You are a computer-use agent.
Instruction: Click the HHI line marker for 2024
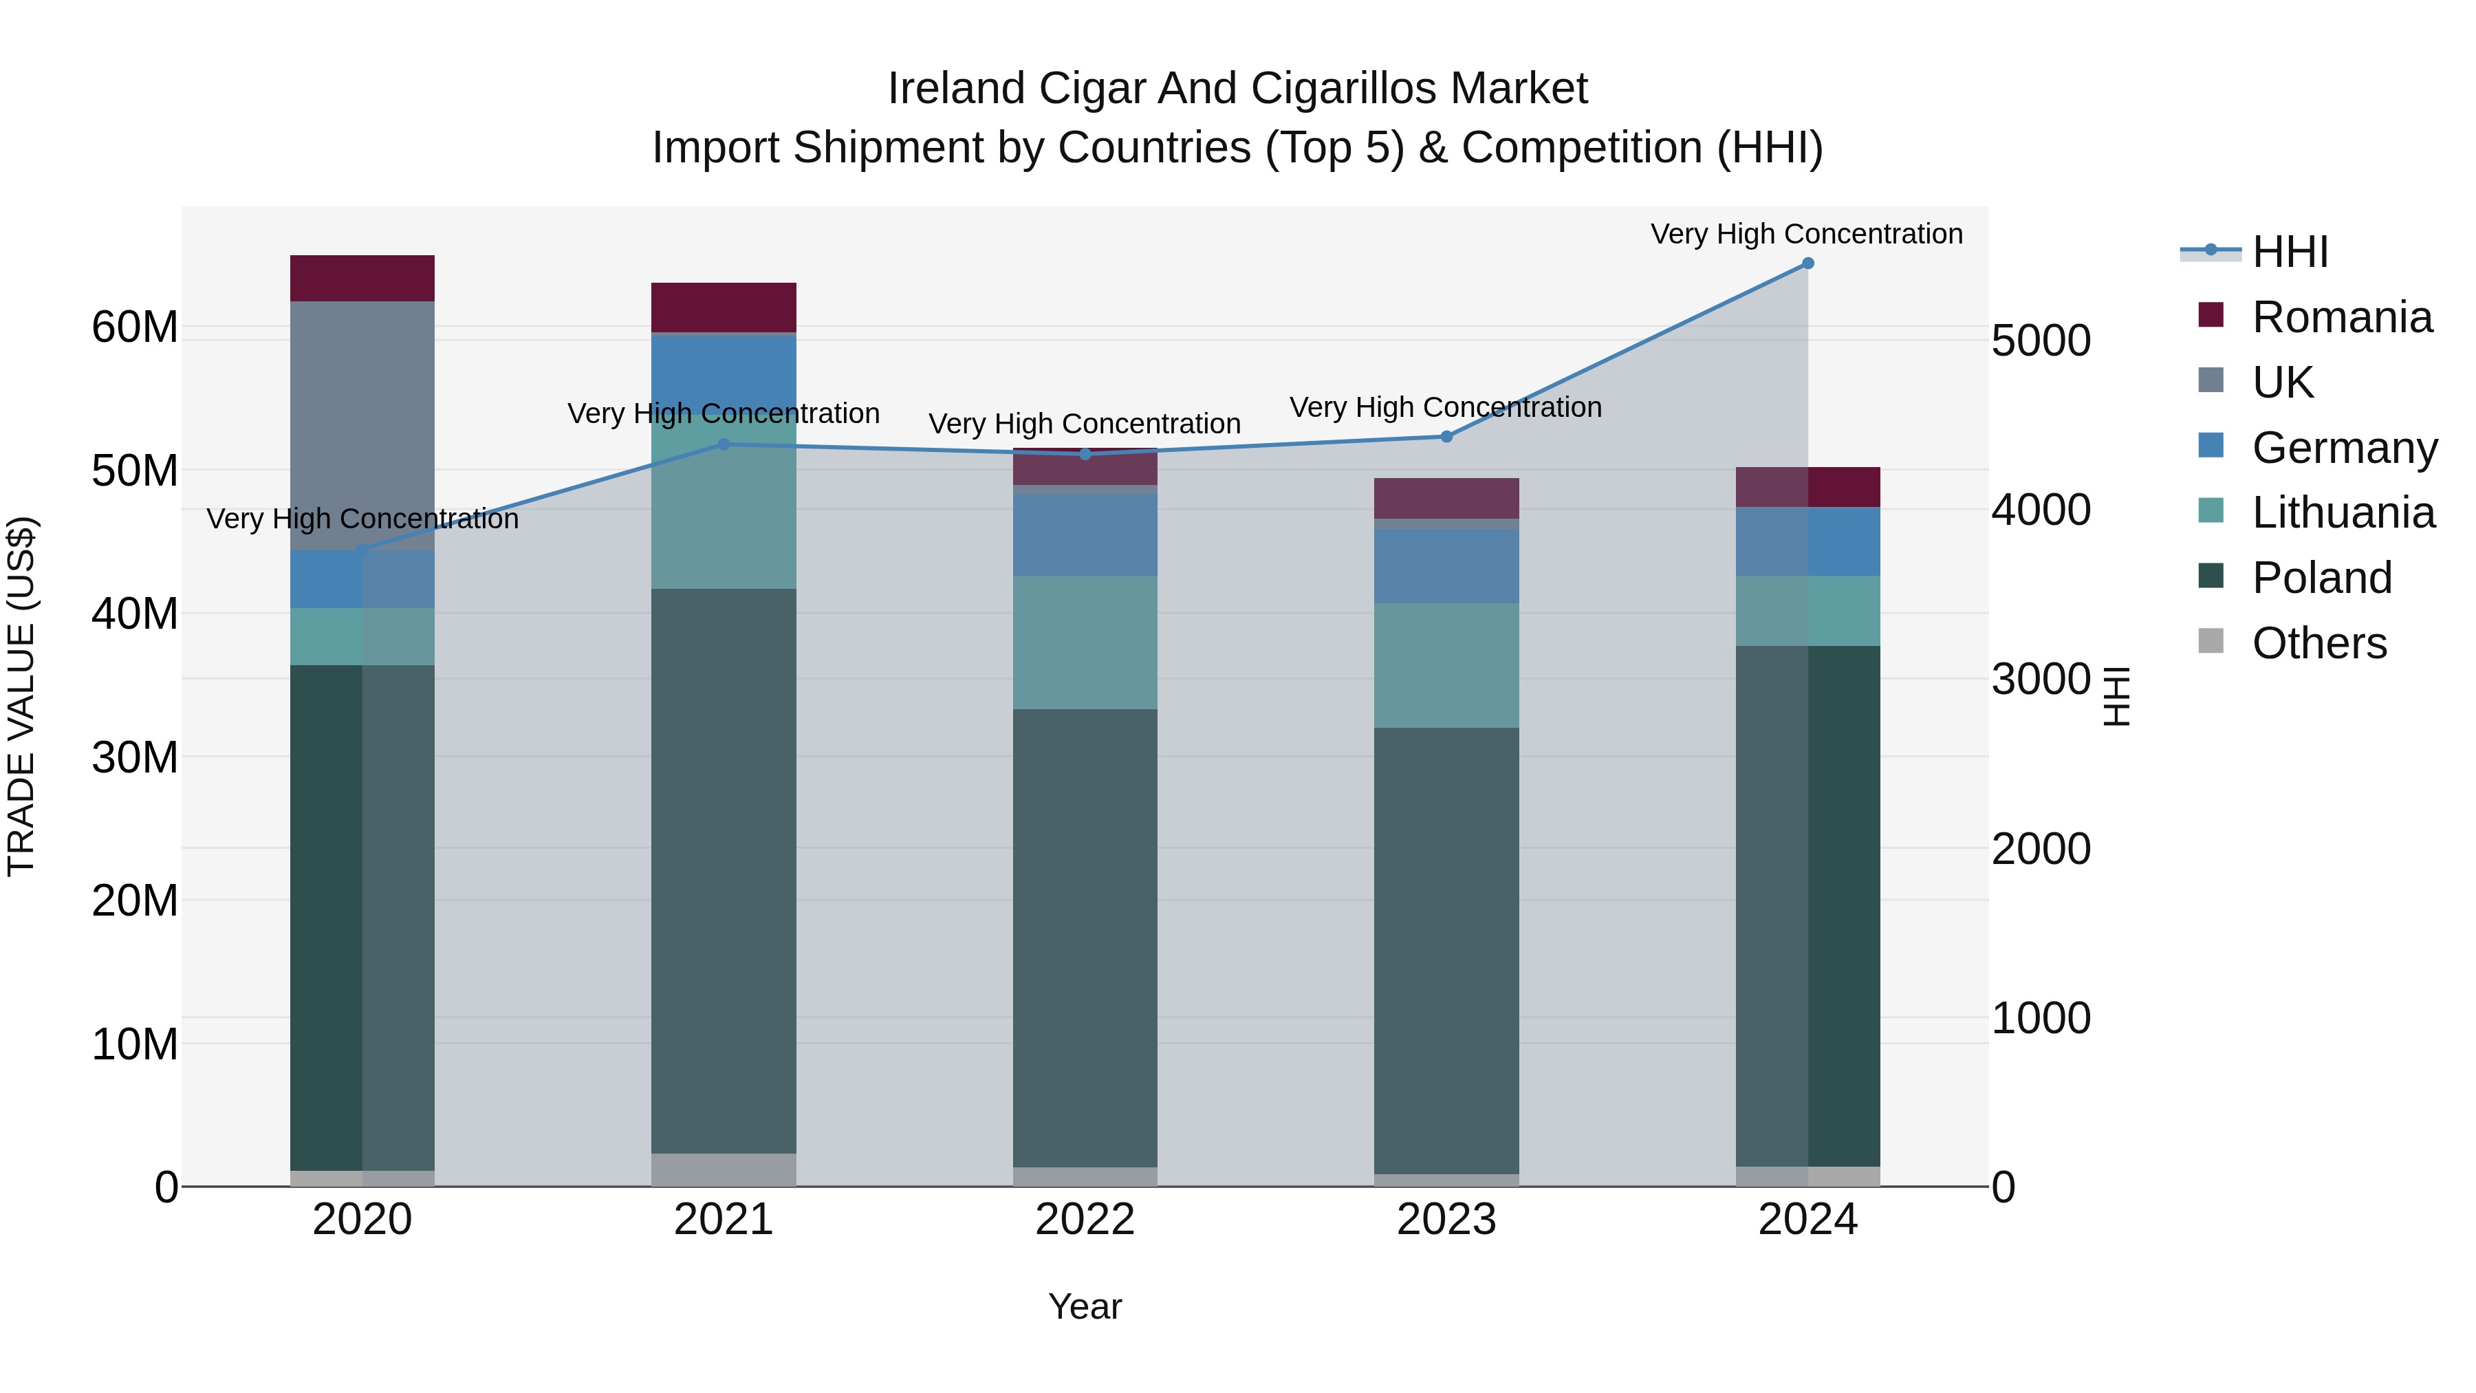click(x=1807, y=263)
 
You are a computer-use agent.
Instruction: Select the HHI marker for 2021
click(x=724, y=444)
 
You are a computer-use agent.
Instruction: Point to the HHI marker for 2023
click(x=1446, y=436)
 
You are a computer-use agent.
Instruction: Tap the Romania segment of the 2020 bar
click(x=362, y=278)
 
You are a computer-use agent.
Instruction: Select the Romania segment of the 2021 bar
click(x=724, y=307)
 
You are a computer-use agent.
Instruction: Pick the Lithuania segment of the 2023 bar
click(x=1446, y=665)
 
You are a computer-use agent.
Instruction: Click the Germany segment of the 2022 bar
click(x=1085, y=534)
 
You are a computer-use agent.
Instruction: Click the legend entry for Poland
click(x=2321, y=578)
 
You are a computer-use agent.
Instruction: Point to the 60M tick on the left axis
click(x=135, y=327)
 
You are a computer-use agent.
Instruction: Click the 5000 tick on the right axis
click(x=2040, y=341)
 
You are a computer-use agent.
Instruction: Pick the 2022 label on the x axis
click(x=1085, y=1220)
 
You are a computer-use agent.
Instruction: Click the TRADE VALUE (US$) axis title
click(x=21, y=696)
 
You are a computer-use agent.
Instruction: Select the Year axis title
click(x=1085, y=1306)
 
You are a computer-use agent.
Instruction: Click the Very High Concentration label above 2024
click(x=1806, y=234)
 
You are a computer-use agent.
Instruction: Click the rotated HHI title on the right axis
click(x=2116, y=696)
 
